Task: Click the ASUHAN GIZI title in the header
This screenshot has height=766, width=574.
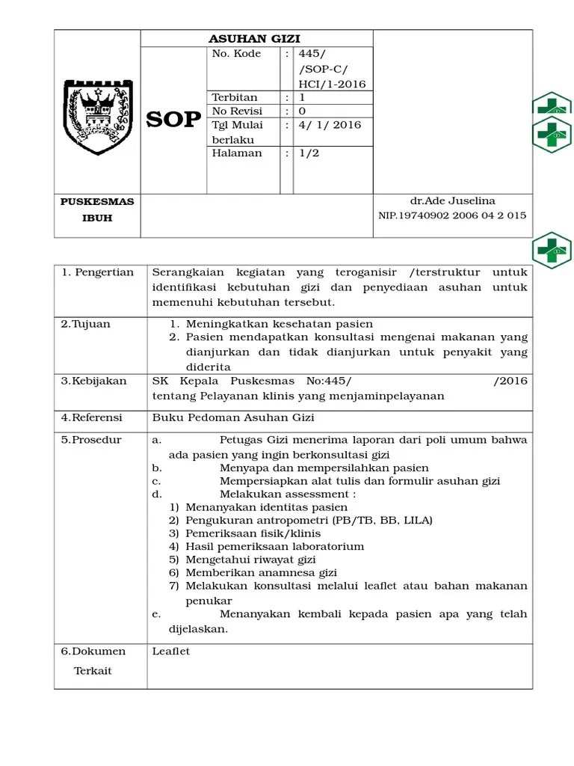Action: [256, 39]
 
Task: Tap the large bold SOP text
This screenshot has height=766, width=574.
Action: [173, 120]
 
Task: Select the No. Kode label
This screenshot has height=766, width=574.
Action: [236, 55]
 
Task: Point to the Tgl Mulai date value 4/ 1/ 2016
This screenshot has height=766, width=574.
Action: [330, 125]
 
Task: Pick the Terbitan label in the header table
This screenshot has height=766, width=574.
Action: [235, 98]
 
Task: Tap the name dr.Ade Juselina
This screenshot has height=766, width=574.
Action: [453, 201]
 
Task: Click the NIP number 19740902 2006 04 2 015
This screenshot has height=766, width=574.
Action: [452, 215]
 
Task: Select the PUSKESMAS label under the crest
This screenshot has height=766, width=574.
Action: [97, 202]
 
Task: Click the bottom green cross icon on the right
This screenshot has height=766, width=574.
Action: [552, 251]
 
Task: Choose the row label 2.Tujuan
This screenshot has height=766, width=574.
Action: [86, 324]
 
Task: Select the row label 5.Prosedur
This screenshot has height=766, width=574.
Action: [91, 440]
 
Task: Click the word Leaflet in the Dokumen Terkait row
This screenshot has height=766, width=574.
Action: [171, 652]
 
